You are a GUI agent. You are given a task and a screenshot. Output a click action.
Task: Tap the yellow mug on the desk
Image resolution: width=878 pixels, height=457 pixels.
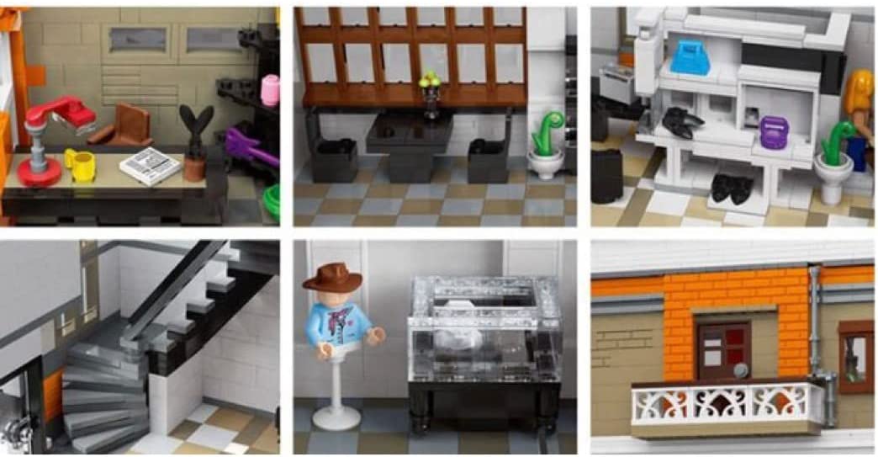pyautogui.click(x=81, y=164)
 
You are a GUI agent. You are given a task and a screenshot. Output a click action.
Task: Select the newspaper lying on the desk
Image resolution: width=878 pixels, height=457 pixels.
pyautogui.click(x=150, y=165)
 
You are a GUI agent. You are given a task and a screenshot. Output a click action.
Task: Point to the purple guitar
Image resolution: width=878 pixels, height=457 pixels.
pyautogui.click(x=248, y=146)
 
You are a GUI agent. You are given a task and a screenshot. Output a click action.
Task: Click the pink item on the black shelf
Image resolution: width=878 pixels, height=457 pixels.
pyautogui.click(x=270, y=90)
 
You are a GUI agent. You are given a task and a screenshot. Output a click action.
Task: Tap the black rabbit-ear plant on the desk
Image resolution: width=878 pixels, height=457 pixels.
pyautogui.click(x=196, y=135)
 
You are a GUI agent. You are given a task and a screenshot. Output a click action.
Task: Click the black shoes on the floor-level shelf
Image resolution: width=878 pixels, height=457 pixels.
pyautogui.click(x=730, y=188)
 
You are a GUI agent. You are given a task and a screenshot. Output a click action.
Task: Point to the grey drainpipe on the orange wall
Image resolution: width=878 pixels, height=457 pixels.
pyautogui.click(x=814, y=328)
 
